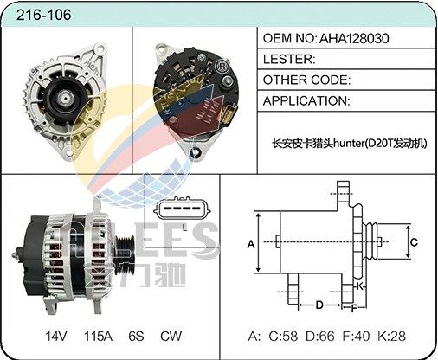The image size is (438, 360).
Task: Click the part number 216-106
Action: pyautogui.click(x=43, y=15)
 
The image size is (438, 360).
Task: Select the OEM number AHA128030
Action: pyautogui.click(x=354, y=38)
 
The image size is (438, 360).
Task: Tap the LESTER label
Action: pyautogui.click(x=289, y=59)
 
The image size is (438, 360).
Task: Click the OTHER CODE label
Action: pyautogui.click(x=306, y=80)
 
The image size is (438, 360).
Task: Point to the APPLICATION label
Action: pyautogui.click(x=306, y=101)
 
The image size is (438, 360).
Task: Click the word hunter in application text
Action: pyautogui.click(x=348, y=143)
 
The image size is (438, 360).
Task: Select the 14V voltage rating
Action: pyautogui.click(x=56, y=336)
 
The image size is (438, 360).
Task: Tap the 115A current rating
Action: pyautogui.click(x=98, y=336)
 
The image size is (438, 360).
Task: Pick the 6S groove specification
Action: pyautogui.click(x=136, y=336)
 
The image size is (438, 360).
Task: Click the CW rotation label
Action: pyautogui.click(x=171, y=336)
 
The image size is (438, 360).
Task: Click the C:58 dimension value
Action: pyautogui.click(x=283, y=336)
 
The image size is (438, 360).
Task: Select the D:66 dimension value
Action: pyautogui.click(x=320, y=336)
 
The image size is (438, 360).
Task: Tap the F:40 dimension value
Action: pyautogui.click(x=356, y=336)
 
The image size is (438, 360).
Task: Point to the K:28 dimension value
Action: pyautogui.click(x=392, y=336)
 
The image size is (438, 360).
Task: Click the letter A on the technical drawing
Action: pyautogui.click(x=251, y=244)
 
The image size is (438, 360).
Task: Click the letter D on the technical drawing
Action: pyautogui.click(x=319, y=305)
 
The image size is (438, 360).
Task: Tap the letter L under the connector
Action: pyautogui.click(x=184, y=228)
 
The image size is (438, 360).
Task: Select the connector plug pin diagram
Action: pyautogui.click(x=182, y=209)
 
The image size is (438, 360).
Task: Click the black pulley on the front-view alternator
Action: pyautogui.click(x=65, y=99)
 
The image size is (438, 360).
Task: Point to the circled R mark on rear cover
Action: pyautogui.click(x=222, y=67)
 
